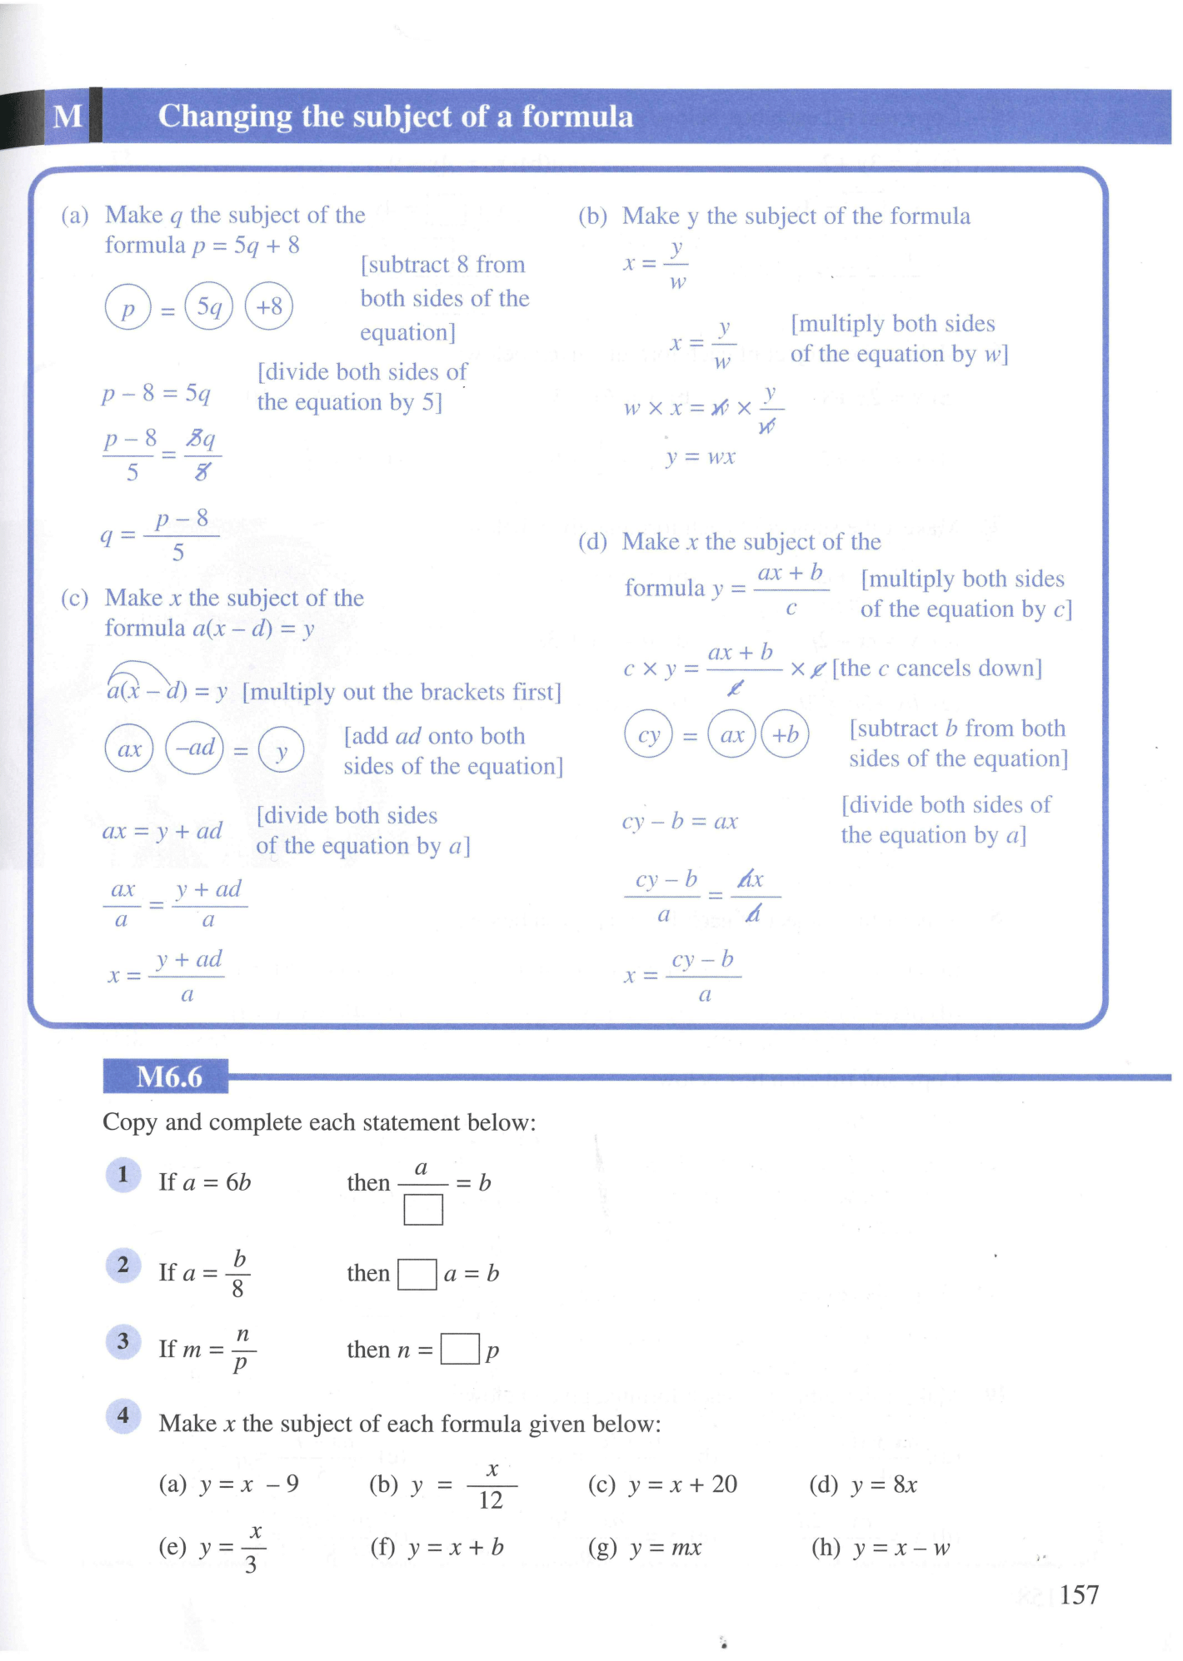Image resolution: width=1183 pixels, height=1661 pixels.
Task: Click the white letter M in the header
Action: (x=67, y=117)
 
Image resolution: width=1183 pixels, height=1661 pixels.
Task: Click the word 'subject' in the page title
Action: (x=416, y=117)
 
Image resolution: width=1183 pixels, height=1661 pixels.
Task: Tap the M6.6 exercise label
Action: (x=169, y=1077)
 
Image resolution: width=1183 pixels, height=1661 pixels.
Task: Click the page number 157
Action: (x=1079, y=1594)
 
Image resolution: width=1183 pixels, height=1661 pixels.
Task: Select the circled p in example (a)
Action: (x=127, y=307)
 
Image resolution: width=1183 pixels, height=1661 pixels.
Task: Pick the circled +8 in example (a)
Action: (x=269, y=306)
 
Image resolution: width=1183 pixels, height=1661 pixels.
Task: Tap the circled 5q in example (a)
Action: (x=208, y=306)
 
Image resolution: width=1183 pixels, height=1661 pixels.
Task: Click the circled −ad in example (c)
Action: (x=194, y=748)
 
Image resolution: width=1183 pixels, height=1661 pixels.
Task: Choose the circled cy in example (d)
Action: (x=648, y=734)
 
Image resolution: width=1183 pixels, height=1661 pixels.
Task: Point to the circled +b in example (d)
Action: (x=785, y=734)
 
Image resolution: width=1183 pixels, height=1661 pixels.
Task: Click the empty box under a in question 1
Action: (x=423, y=1209)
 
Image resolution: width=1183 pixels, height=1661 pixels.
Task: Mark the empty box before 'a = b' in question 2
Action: (x=417, y=1274)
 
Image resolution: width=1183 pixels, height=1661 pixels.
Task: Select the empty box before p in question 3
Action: (x=460, y=1349)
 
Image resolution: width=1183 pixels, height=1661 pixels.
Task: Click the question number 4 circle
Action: (x=123, y=1415)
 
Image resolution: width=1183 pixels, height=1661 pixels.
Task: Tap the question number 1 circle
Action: (x=123, y=1175)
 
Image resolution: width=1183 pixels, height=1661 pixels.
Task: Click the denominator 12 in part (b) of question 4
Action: (x=491, y=1500)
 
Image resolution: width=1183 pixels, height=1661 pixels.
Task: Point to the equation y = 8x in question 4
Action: (x=884, y=1484)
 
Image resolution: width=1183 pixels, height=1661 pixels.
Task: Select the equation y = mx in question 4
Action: (x=666, y=1548)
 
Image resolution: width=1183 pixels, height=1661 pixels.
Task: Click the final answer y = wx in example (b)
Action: (x=701, y=457)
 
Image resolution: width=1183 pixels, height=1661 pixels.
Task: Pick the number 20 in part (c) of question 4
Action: (x=724, y=1484)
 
